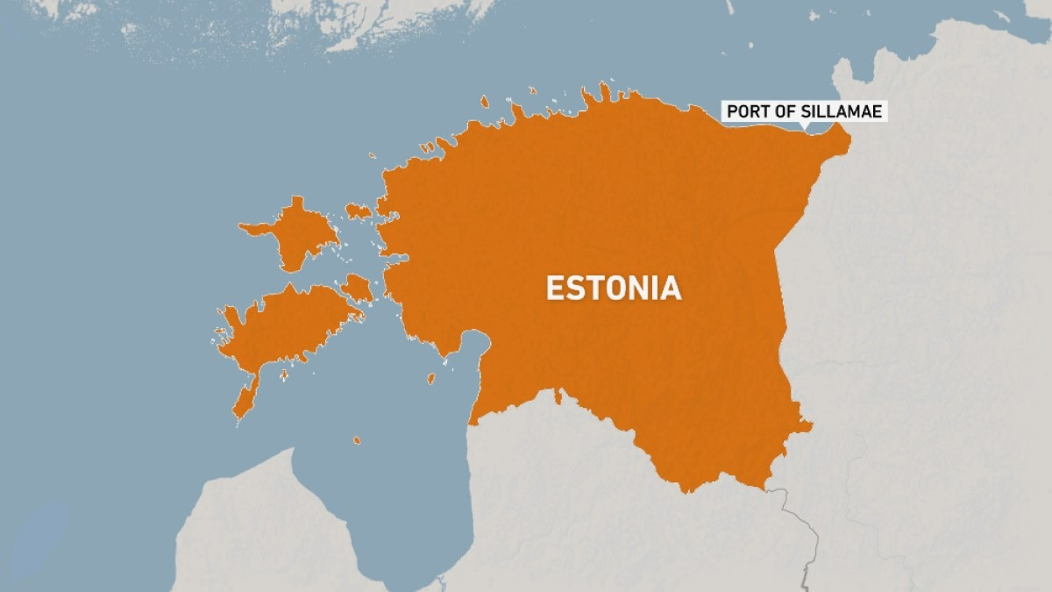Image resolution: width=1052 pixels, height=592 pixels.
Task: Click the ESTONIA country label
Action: click(614, 289)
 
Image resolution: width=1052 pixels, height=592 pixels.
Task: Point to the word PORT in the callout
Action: click(743, 112)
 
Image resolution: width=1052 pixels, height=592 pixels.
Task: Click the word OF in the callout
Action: click(777, 112)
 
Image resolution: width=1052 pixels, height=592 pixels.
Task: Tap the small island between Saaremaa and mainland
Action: click(357, 287)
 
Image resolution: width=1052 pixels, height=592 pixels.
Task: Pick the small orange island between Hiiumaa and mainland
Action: click(359, 210)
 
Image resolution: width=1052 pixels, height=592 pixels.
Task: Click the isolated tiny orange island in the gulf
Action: click(357, 439)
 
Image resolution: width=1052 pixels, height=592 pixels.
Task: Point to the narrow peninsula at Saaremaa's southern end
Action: click(245, 399)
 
